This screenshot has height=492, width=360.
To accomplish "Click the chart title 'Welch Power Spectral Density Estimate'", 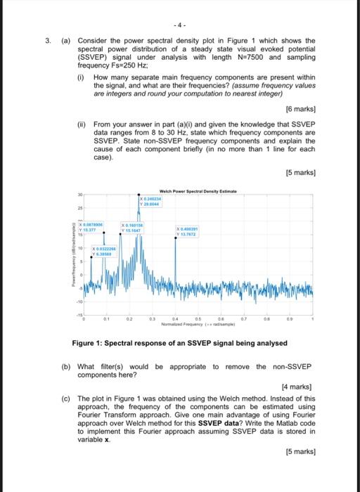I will click(x=199, y=192).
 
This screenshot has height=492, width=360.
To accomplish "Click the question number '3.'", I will click(x=49, y=41).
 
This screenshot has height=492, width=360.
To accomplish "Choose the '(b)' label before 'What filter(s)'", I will click(x=65, y=366).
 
